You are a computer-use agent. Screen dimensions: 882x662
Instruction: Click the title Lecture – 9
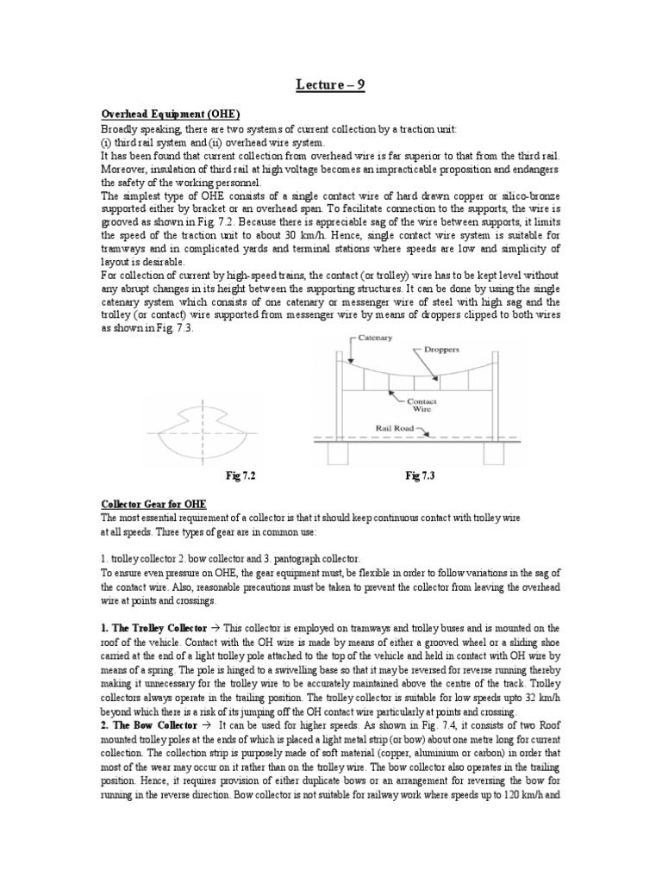click(x=330, y=86)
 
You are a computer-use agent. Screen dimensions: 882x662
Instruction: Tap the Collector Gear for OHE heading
click(x=153, y=503)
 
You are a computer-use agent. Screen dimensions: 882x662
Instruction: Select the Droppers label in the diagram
click(x=465, y=351)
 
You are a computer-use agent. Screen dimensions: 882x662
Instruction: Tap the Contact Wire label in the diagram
click(x=422, y=406)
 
